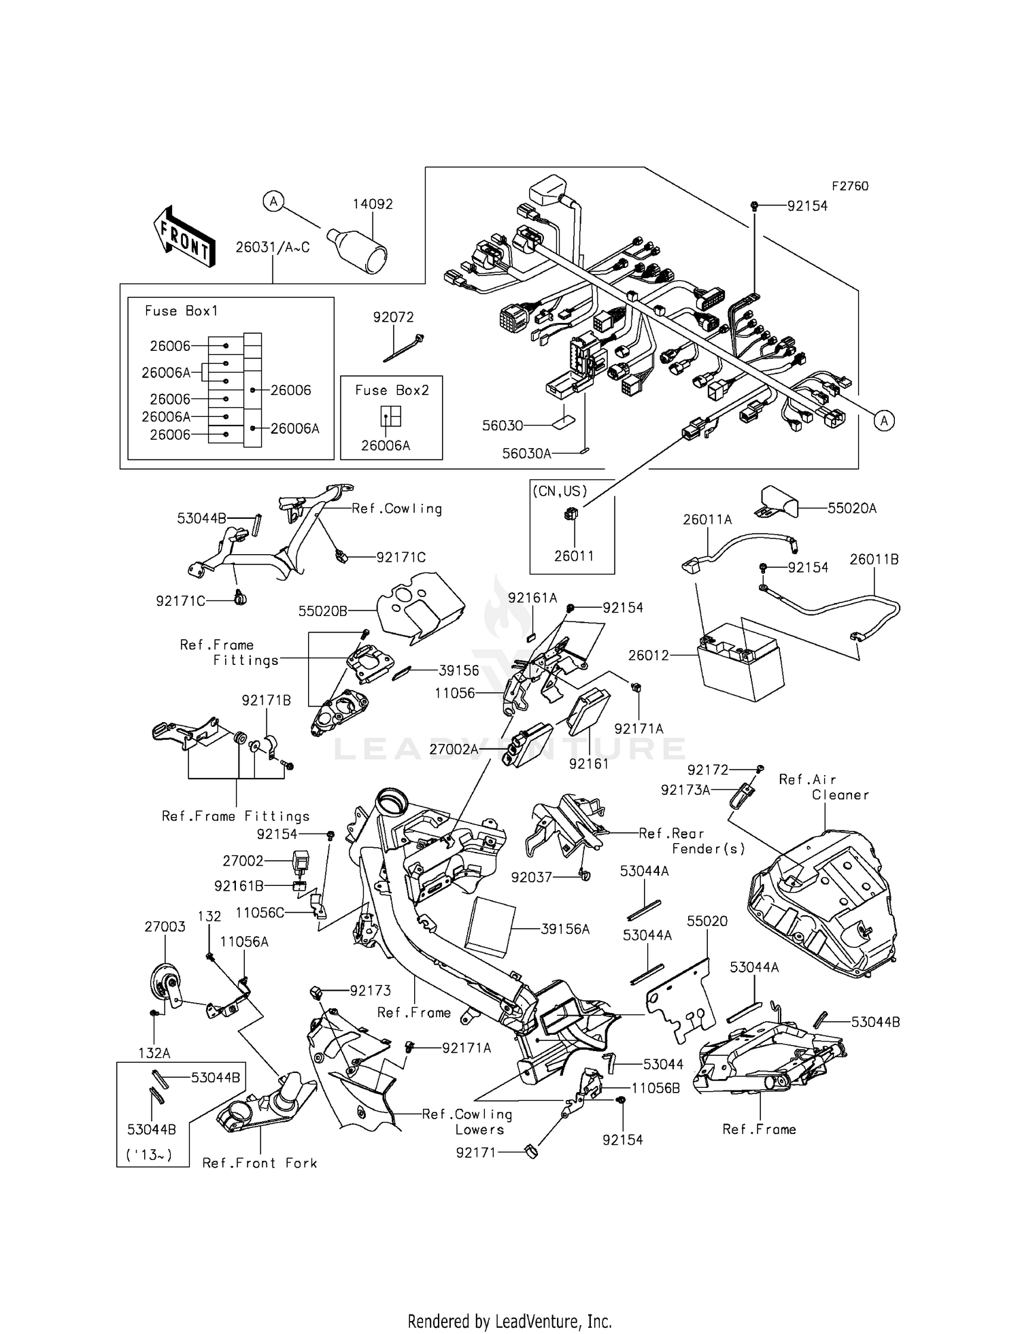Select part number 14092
pos(373,204)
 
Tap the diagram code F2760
pos(849,186)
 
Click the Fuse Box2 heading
pos(392,390)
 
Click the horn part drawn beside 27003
pos(165,984)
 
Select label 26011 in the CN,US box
pos(574,555)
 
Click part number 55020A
pos(852,508)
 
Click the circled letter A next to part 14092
pos(273,201)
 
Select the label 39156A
pos(565,929)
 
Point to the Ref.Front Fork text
pos(260,1163)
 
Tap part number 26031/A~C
pos(273,247)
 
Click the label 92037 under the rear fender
pos(532,878)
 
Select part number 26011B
pos(874,559)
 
